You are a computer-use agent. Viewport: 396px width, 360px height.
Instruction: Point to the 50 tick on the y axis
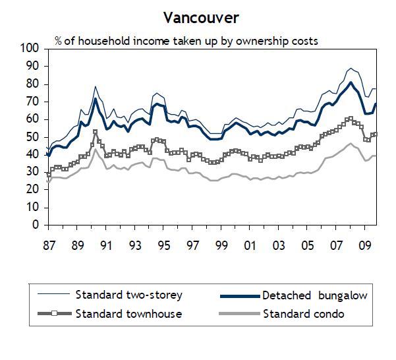[32, 136]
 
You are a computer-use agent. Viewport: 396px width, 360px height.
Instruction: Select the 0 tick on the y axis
[36, 225]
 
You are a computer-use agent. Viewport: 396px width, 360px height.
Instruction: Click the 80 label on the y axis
[32, 84]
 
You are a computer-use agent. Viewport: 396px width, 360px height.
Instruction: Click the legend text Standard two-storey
[128, 294]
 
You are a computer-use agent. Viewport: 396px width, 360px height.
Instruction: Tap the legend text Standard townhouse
[128, 313]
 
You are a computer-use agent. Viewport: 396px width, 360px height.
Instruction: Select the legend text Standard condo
[303, 313]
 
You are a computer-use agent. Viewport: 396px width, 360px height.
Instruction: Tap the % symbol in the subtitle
[59, 41]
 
